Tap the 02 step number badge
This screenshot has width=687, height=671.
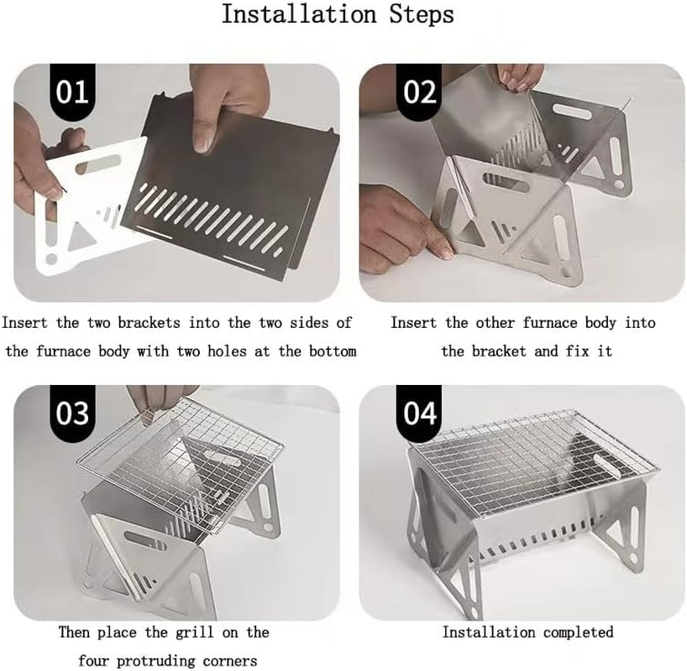[x=419, y=91]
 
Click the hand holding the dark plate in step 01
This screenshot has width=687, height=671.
[x=220, y=105]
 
